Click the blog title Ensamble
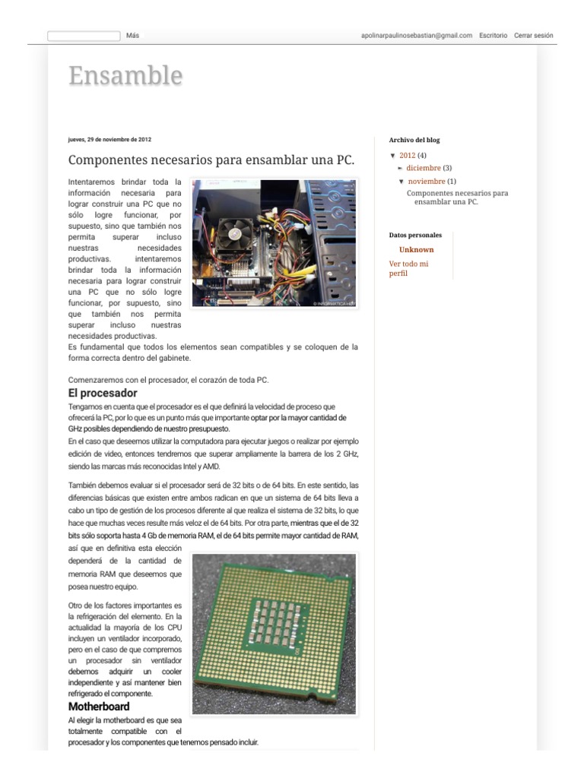[125, 77]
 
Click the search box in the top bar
[84, 36]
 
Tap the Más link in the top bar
[132, 36]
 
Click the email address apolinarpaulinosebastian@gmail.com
[417, 36]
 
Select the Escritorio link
[494, 36]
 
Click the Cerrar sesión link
[534, 36]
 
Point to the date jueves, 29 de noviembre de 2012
[109, 140]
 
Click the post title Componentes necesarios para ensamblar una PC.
[211, 160]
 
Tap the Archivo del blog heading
[414, 140]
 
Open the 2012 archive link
[407, 156]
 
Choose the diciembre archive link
[423, 168]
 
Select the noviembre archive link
[427, 182]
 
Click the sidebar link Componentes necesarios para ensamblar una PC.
[457, 198]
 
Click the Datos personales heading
[415, 236]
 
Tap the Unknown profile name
[417, 250]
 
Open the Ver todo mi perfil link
[408, 268]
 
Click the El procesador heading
[103, 393]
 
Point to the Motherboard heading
[99, 707]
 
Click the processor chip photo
[274, 634]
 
